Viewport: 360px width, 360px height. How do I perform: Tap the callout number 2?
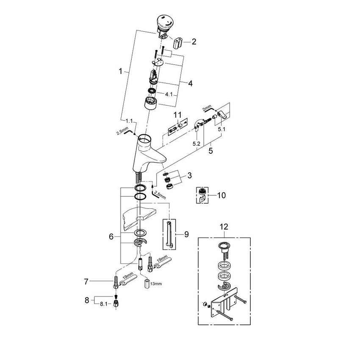pos(194,42)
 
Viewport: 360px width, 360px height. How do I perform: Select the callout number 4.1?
pos(169,94)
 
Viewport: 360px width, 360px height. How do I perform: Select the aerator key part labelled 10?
pos(202,195)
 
